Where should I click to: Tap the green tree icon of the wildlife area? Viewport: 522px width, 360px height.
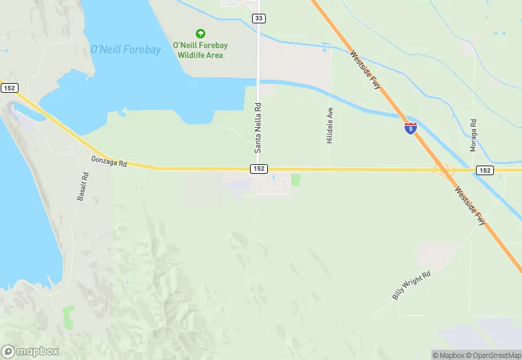pyautogui.click(x=200, y=33)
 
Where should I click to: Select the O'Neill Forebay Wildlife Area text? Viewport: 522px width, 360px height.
pyautogui.click(x=201, y=50)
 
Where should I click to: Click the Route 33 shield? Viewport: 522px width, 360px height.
pyautogui.click(x=258, y=19)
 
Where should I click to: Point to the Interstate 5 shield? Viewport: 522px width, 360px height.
pyautogui.click(x=410, y=128)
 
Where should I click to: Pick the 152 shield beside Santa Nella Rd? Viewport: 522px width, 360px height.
pyautogui.click(x=258, y=169)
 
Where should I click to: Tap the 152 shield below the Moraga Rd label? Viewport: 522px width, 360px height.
pyautogui.click(x=485, y=170)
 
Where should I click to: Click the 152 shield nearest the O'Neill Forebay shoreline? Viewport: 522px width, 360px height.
pyautogui.click(x=9, y=88)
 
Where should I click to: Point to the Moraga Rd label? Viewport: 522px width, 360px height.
pyautogui.click(x=473, y=135)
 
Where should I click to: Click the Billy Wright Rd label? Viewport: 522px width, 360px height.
pyautogui.click(x=411, y=285)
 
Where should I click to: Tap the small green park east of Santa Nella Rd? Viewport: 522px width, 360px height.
pyautogui.click(x=296, y=179)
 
